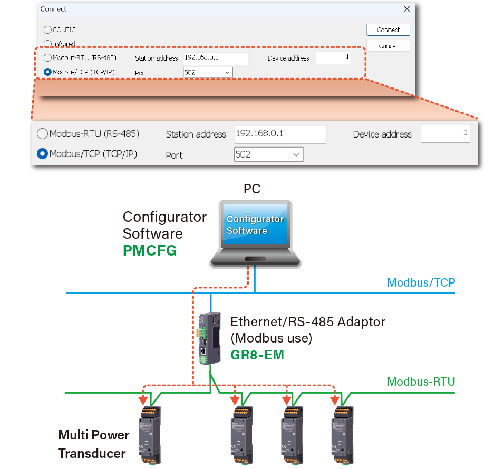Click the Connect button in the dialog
pyautogui.click(x=388, y=30)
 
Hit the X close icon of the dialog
pyautogui.click(x=406, y=9)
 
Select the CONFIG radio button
pyautogui.click(x=48, y=30)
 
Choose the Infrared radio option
pyautogui.click(x=48, y=44)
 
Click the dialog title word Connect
pyautogui.click(x=54, y=9)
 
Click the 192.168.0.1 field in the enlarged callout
pyautogui.click(x=279, y=134)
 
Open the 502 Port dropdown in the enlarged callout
pyautogui.click(x=269, y=154)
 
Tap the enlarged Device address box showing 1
pyautogui.click(x=445, y=134)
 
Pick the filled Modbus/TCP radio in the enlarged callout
pyautogui.click(x=42, y=154)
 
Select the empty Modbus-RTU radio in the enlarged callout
pyautogui.click(x=42, y=134)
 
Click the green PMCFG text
pyautogui.click(x=149, y=250)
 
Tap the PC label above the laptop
pyautogui.click(x=252, y=189)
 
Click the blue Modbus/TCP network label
pyautogui.click(x=421, y=282)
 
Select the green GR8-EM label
pyautogui.click(x=257, y=355)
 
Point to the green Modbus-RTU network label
pyautogui.click(x=421, y=381)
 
